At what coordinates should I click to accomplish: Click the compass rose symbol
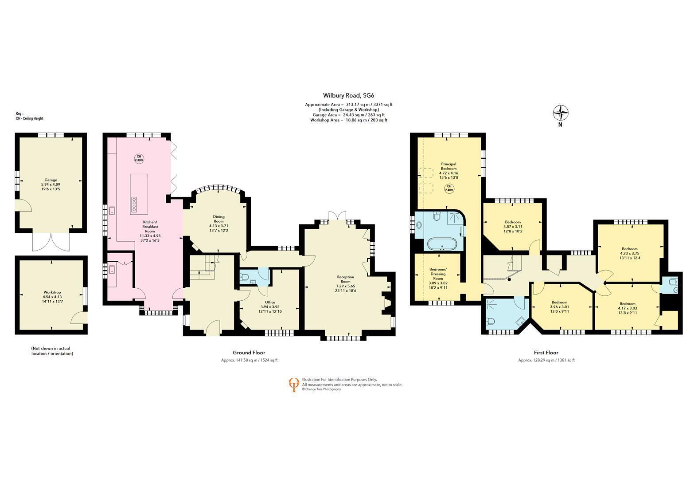tap(560, 113)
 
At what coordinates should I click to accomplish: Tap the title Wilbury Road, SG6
tap(348, 96)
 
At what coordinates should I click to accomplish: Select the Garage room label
tap(51, 185)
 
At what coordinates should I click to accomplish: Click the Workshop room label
tap(52, 297)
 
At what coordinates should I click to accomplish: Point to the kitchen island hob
tap(134, 204)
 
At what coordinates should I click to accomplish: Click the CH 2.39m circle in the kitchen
tap(139, 158)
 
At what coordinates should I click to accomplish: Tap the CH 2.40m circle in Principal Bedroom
tap(449, 188)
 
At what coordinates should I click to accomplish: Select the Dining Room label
tap(219, 223)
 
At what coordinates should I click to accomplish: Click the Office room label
tap(270, 307)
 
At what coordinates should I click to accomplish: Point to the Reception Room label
tap(346, 283)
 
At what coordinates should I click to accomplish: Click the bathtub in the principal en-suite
tap(442, 244)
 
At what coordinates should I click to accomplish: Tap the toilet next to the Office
tap(244, 277)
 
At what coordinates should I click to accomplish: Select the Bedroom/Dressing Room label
tap(438, 278)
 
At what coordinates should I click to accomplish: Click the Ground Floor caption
tap(249, 353)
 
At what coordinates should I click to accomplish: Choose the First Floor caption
tap(546, 353)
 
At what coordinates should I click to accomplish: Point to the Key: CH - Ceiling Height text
tap(29, 116)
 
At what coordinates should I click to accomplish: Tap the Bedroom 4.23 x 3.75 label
tap(630, 253)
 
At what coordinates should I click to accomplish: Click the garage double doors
tap(51, 242)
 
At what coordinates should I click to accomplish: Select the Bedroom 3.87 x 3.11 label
tap(513, 227)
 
